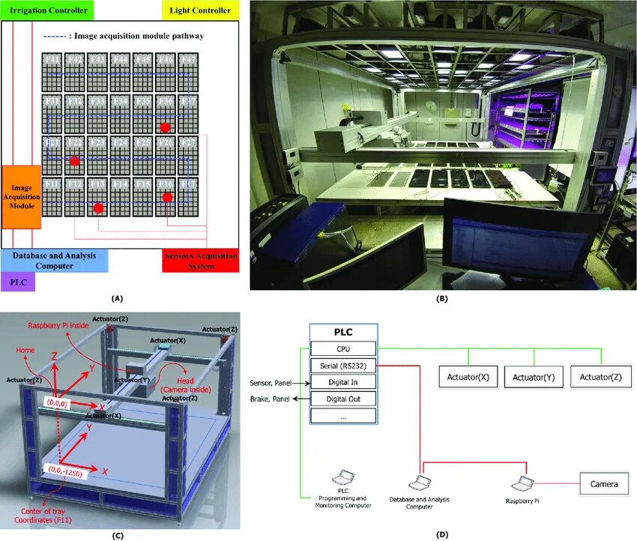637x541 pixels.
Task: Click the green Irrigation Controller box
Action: [46, 10]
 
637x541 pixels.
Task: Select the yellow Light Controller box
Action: [199, 10]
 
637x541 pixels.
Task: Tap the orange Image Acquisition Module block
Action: [21, 196]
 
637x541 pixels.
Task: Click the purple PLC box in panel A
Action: [17, 282]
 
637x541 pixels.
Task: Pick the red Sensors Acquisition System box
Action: [200, 261]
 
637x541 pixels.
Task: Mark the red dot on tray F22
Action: [74, 160]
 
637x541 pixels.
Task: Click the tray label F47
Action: [189, 59]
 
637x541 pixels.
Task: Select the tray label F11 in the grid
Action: [52, 184]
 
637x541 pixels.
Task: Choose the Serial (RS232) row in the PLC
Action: [344, 366]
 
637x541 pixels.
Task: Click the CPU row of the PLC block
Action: [344, 348]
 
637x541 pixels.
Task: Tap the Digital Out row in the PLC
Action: [344, 399]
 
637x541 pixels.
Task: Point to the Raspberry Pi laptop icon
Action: [521, 481]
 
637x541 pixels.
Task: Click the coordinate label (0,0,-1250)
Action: [67, 471]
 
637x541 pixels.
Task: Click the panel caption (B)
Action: [441, 298]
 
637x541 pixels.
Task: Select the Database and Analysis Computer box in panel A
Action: [54, 261]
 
